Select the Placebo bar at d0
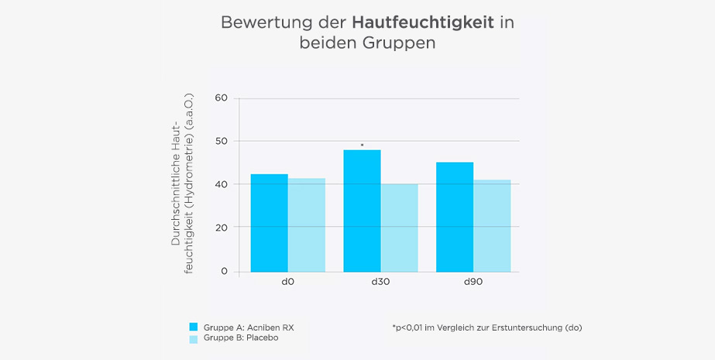click(x=307, y=225)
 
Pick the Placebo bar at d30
click(x=400, y=228)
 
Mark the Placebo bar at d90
click(x=493, y=226)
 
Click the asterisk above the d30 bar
click(x=362, y=145)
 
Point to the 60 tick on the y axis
click(x=222, y=98)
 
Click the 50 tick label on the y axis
click(x=222, y=141)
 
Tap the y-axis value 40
click(x=222, y=184)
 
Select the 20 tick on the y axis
click(x=222, y=228)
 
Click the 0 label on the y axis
click(x=225, y=271)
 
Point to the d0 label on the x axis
click(x=287, y=283)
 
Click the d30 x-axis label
click(x=380, y=283)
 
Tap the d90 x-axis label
click(x=473, y=283)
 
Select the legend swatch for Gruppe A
click(x=194, y=327)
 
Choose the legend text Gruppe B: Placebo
click(x=240, y=338)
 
